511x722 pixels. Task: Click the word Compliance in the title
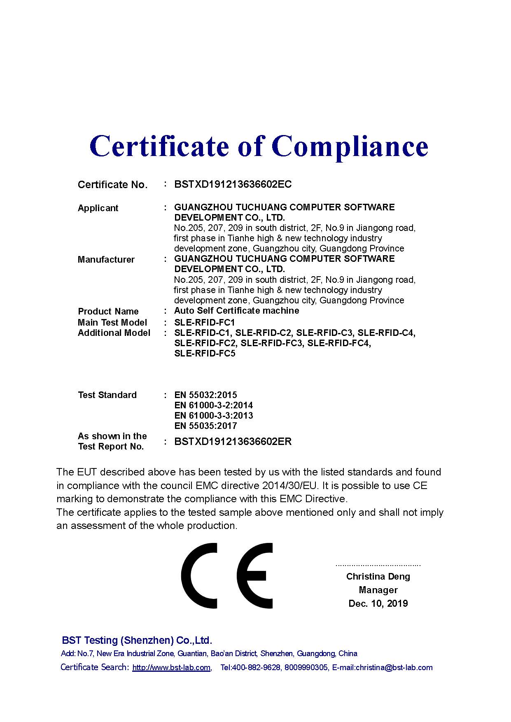pos(350,146)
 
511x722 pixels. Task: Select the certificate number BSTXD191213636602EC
pos(233,184)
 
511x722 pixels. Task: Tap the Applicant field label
pos(98,208)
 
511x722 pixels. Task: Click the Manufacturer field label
pos(106,259)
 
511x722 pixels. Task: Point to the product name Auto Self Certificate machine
pos(236,311)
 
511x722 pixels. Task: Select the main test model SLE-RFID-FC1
pos(204,322)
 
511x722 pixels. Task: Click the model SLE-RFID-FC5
pos(205,354)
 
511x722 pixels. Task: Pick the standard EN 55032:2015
pos(205,395)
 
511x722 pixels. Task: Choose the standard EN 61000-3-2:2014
pos(213,405)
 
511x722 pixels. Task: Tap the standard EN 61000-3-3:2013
pos(213,416)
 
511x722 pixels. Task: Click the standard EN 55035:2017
pos(205,426)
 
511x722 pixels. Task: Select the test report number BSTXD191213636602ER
pos(233,442)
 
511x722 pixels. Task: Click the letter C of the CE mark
pos(200,575)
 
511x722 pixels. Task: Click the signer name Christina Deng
pos(378,576)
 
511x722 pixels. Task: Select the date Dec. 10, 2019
pos(378,603)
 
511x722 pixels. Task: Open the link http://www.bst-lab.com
pos(171,668)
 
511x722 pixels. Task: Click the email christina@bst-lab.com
pos(394,668)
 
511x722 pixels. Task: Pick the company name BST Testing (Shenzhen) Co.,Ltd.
pos(137,640)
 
